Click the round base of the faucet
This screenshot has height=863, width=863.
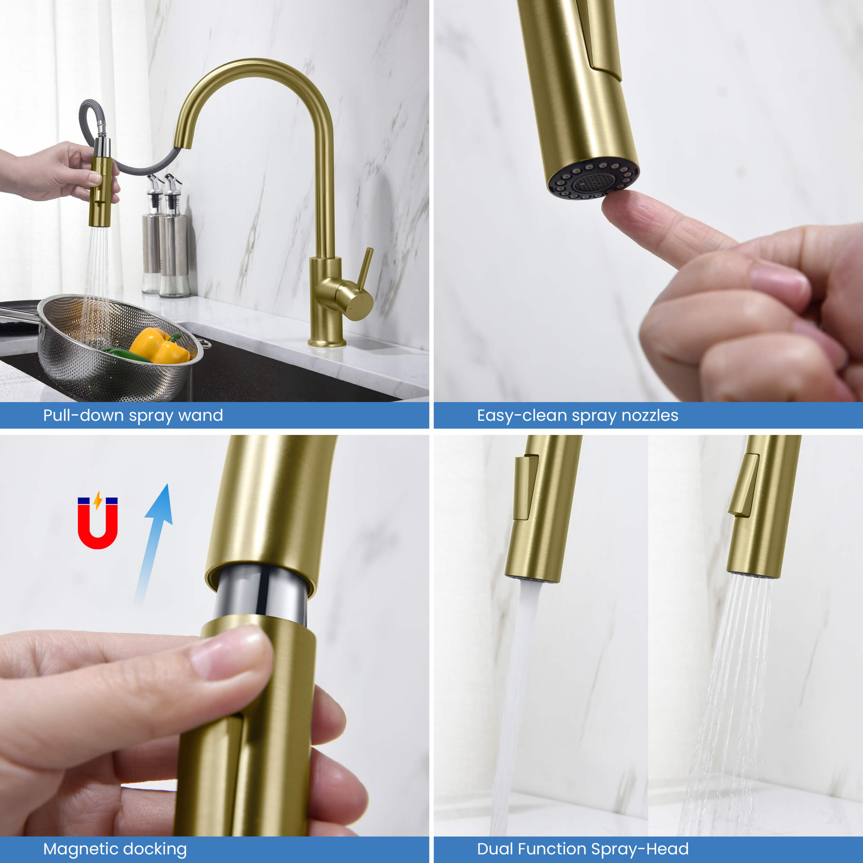coord(327,342)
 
